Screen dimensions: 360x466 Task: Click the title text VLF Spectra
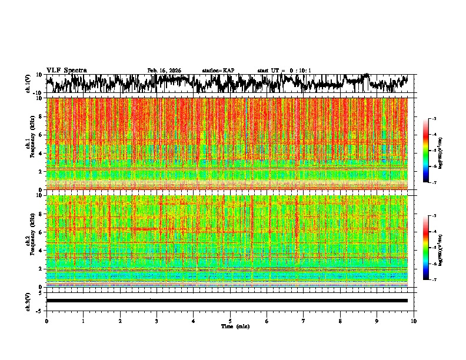[x=66, y=70]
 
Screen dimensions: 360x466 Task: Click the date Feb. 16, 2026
[x=164, y=71]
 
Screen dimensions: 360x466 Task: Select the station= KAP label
[x=218, y=71]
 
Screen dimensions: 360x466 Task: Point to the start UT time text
[x=284, y=71]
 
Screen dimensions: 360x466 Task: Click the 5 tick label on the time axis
[x=230, y=321]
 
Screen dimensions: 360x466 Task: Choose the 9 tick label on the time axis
[x=377, y=321]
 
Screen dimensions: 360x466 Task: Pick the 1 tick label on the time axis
[x=83, y=321]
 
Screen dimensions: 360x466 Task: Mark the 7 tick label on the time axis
[x=304, y=321]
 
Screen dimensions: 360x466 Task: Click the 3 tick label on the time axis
[x=157, y=321]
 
